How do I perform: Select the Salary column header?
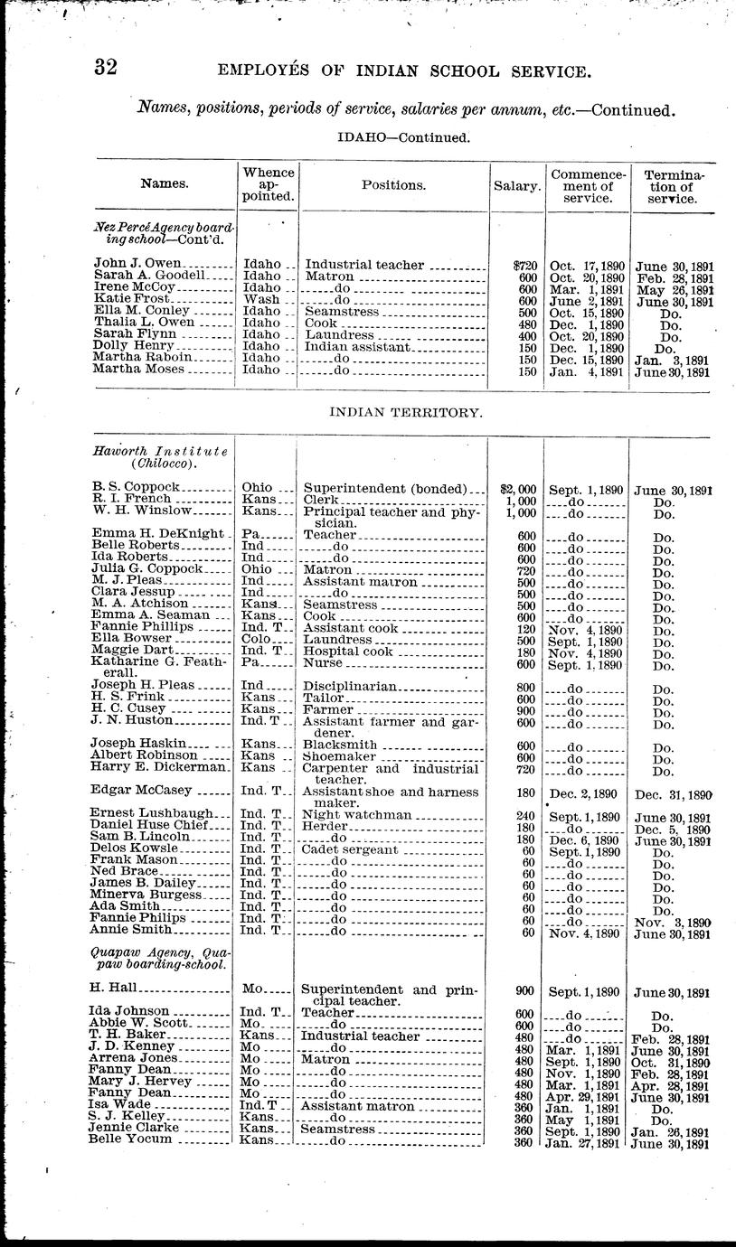coord(517,184)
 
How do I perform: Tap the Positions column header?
coord(393,184)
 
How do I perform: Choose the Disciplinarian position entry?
coord(351,685)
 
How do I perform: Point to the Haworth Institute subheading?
coord(159,456)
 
